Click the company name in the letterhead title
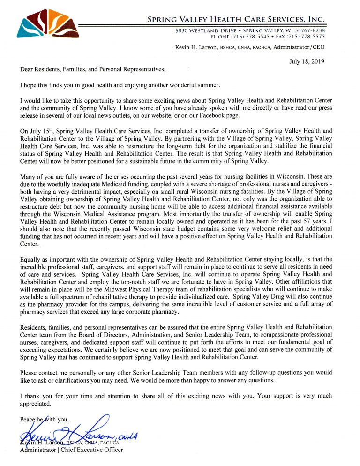236,19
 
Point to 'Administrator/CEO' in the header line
298,47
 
